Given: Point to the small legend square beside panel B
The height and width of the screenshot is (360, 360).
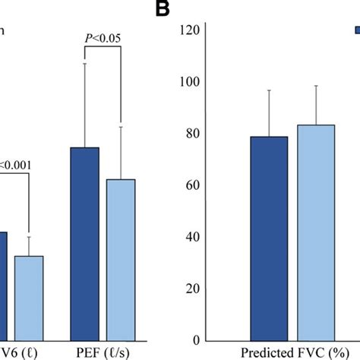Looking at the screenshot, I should pyautogui.click(x=356, y=30).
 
